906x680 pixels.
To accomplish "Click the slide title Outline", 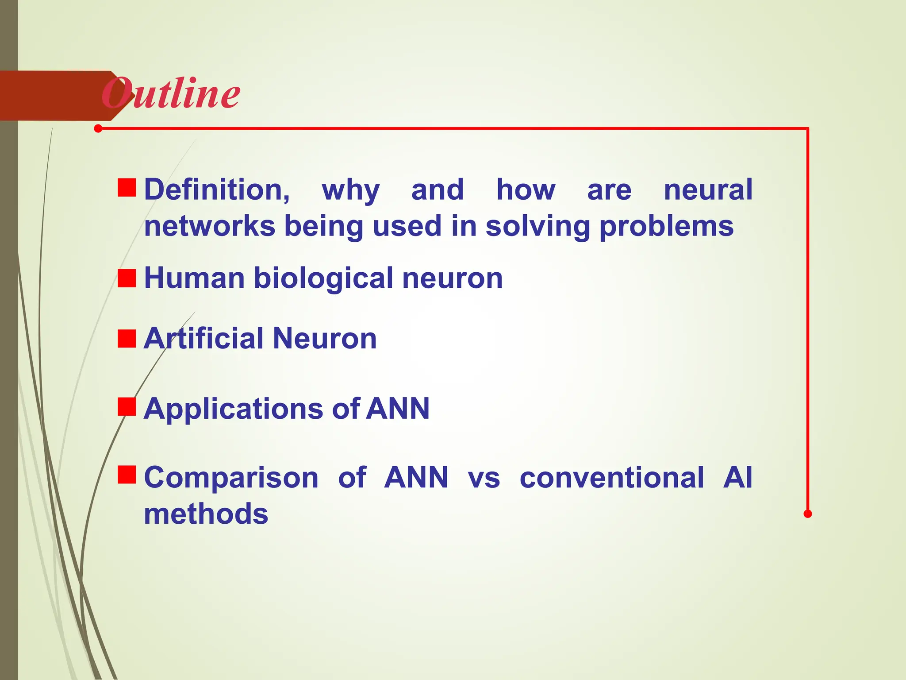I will pos(171,93).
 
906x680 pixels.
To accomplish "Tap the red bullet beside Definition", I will pos(127,187).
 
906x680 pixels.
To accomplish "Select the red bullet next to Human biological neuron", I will pos(127,278).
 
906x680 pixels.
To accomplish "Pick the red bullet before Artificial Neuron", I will pos(127,339).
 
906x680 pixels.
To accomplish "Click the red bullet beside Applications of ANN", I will pos(127,407).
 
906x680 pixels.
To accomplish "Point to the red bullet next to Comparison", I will pos(127,474).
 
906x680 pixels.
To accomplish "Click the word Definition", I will pos(217,189).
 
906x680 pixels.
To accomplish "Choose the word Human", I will pos(194,278).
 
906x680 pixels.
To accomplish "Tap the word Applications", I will pos(234,409).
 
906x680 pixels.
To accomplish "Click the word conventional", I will pos(612,478).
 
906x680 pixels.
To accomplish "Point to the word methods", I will pos(206,514).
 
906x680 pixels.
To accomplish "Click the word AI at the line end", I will pos(737,478).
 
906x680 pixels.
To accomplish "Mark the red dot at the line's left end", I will pos(98,129).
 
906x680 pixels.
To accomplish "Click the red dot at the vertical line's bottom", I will pos(808,514).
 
